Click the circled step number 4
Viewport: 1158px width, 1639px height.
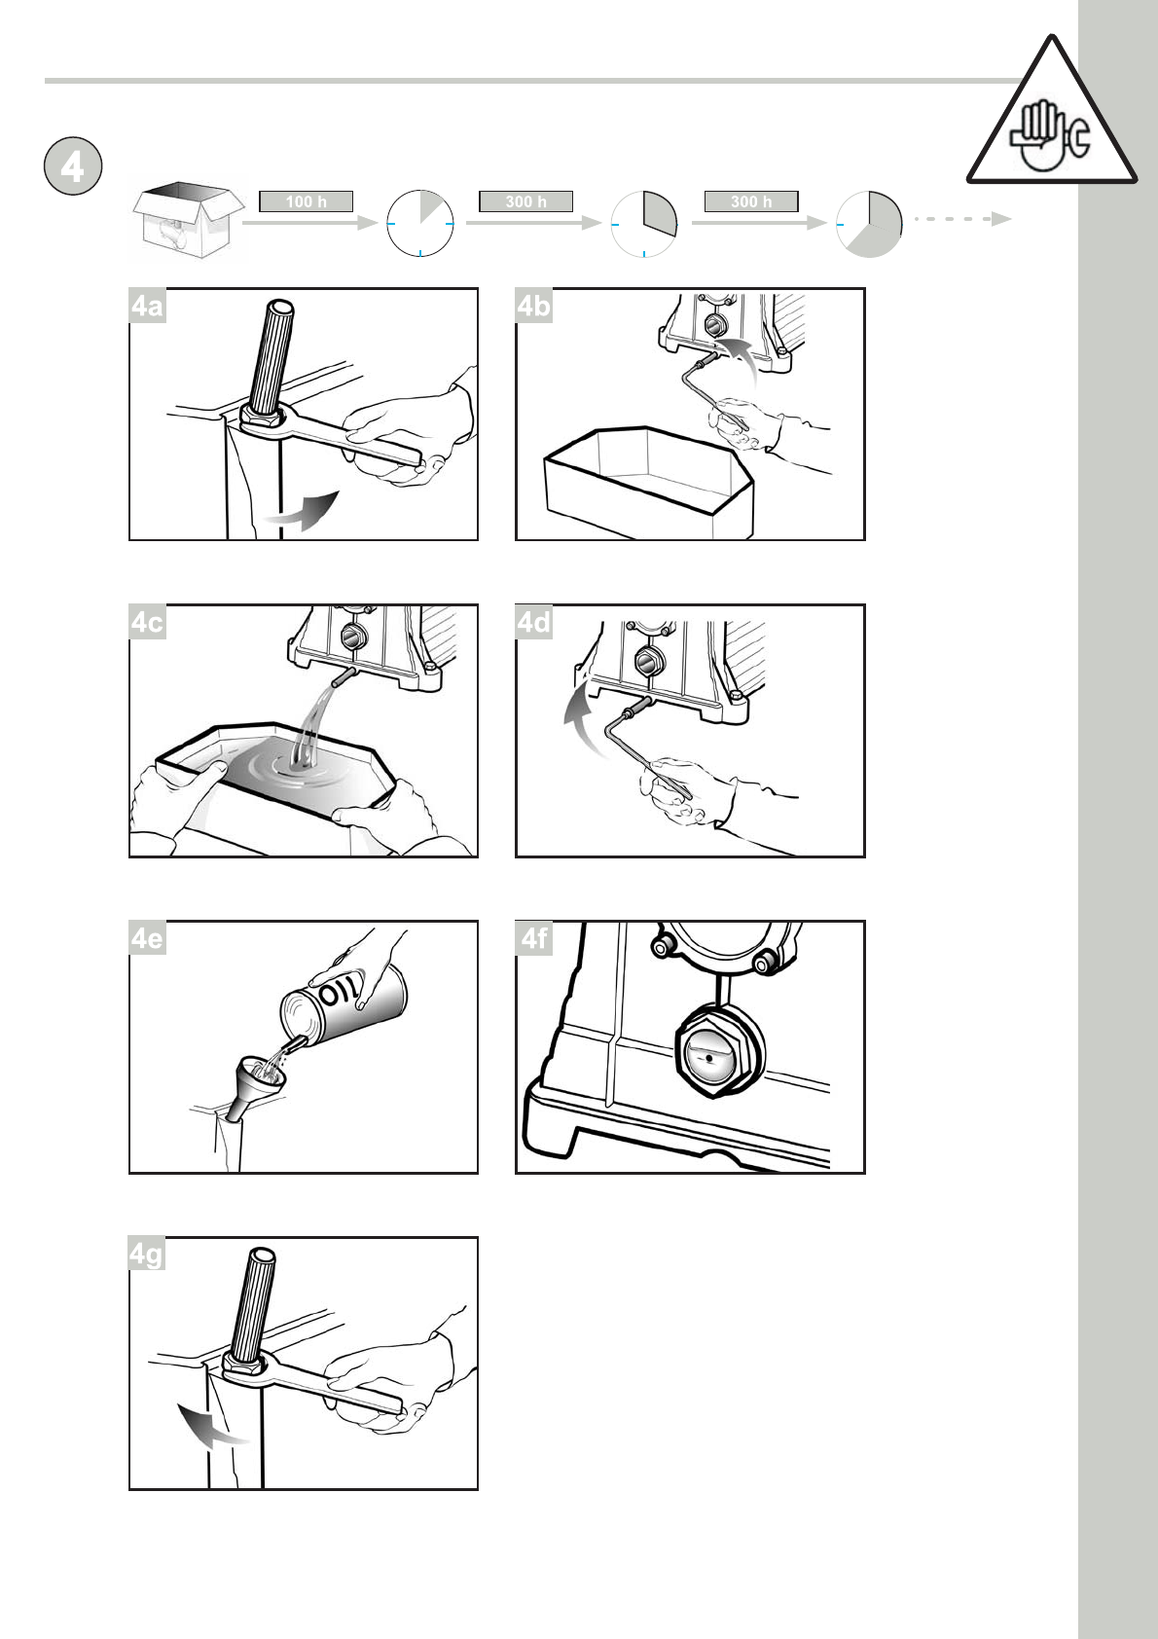pyautogui.click(x=72, y=166)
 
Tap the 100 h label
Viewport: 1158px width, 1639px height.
pyautogui.click(x=306, y=201)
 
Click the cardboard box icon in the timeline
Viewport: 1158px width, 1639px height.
pyautogui.click(x=188, y=220)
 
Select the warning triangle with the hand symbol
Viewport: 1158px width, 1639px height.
pyautogui.click(x=1051, y=117)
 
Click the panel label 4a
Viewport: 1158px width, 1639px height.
pyautogui.click(x=147, y=306)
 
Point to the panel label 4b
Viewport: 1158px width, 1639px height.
pyautogui.click(x=533, y=306)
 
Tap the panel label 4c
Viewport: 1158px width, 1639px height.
pyautogui.click(x=147, y=622)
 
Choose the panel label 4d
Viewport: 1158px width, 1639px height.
pyautogui.click(x=533, y=622)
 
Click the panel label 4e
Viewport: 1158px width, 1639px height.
pyautogui.click(x=147, y=938)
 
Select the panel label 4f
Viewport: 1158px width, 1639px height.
pyautogui.click(x=533, y=938)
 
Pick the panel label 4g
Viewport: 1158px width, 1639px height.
pyautogui.click(x=146, y=1255)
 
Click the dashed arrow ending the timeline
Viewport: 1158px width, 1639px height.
pyautogui.click(x=962, y=219)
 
